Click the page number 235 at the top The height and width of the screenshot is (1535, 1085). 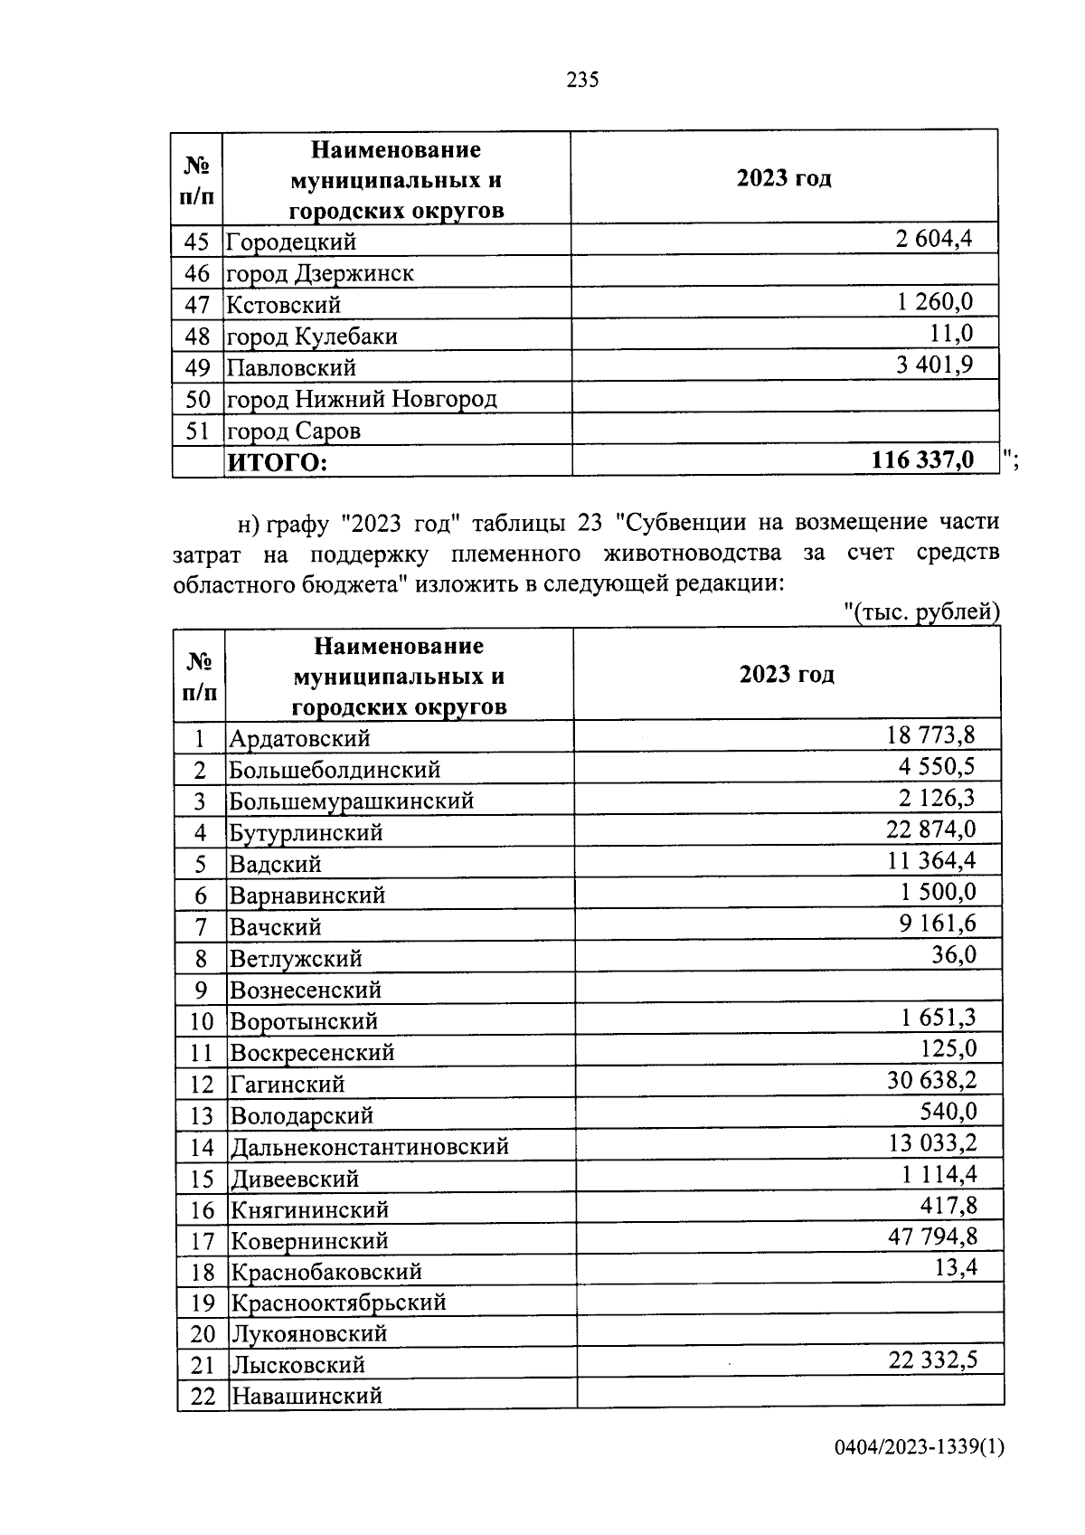pos(582,81)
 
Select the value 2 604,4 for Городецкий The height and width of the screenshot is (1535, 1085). pos(934,240)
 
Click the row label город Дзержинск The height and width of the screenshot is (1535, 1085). pos(320,273)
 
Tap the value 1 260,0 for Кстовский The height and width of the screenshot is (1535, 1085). pos(935,302)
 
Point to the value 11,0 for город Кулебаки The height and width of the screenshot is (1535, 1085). pos(951,334)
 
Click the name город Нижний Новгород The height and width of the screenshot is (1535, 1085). pos(362,399)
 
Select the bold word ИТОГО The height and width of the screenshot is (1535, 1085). pos(277,463)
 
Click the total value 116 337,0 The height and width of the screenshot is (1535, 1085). pos(922,460)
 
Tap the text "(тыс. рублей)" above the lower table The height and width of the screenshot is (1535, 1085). pos(922,612)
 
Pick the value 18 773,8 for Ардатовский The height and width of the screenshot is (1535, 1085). pos(930,734)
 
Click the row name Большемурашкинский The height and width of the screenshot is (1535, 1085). pos(352,801)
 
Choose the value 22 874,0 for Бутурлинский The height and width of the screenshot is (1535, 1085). pos(930,829)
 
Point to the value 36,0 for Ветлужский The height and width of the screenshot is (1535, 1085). pos(954,955)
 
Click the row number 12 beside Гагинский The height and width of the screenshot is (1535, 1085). pos(202,1085)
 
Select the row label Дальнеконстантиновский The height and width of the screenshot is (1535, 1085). pos(370,1147)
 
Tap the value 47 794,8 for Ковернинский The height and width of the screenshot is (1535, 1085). pos(932,1236)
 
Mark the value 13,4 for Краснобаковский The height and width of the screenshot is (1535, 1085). pos(956,1267)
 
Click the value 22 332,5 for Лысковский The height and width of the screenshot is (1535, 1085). pos(932,1360)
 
